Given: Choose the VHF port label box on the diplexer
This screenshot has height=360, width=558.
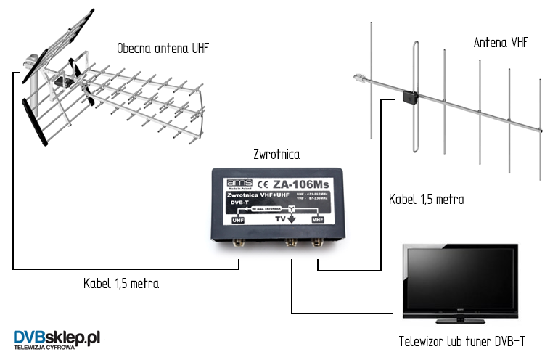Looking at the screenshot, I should pos(317,218).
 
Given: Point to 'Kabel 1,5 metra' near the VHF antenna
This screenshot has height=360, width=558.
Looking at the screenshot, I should pos(427,199).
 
